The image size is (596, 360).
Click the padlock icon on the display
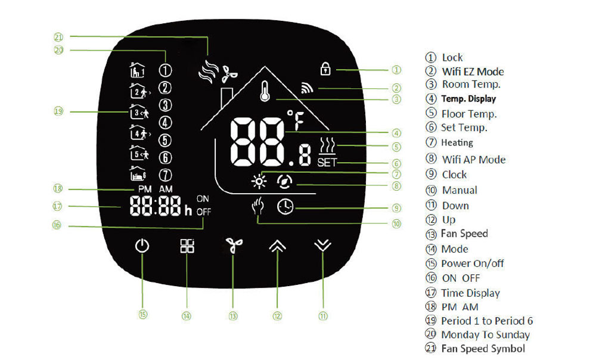click(325, 70)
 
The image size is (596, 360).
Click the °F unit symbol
click(296, 120)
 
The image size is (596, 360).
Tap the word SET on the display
click(327, 162)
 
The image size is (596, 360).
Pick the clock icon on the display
click(285, 207)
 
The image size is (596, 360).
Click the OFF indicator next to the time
click(203, 211)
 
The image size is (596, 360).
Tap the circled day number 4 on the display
click(165, 123)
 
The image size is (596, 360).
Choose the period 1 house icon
click(137, 70)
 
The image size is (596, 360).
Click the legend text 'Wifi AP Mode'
click(474, 160)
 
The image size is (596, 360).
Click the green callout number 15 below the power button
click(142, 314)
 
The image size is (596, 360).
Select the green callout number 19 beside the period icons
click(58, 111)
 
